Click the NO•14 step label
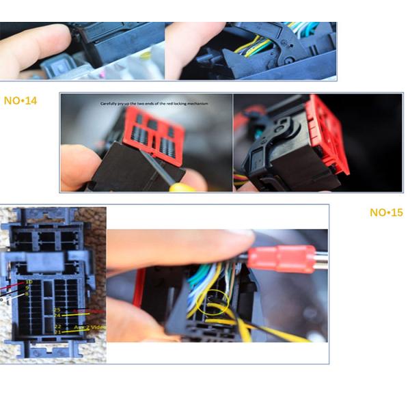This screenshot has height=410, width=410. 20,100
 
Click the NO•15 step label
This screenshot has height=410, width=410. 386,213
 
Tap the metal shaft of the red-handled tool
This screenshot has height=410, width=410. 321,258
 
